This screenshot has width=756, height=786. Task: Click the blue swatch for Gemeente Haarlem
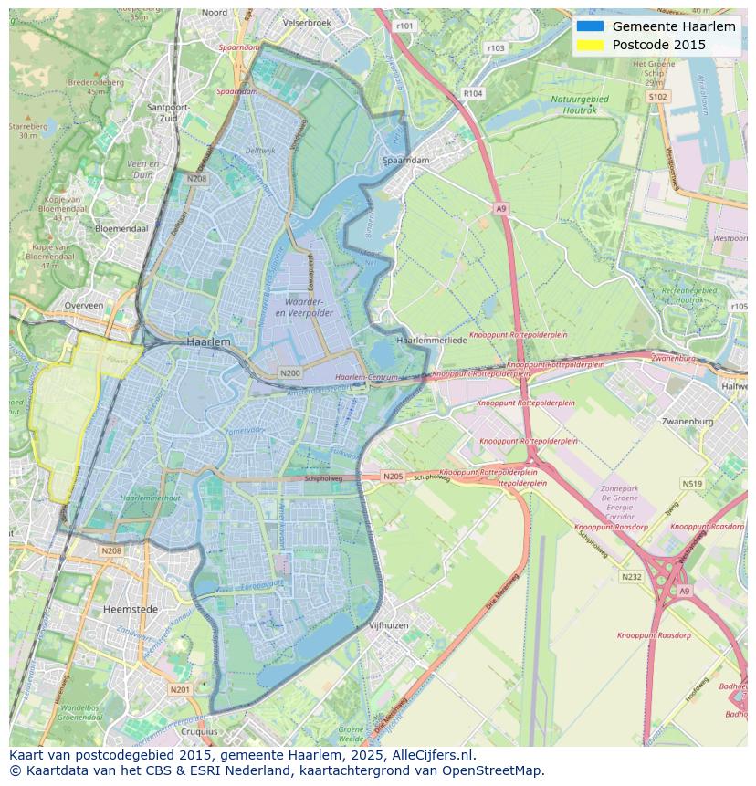[x=591, y=26]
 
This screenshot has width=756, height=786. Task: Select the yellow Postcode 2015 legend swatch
[x=591, y=45]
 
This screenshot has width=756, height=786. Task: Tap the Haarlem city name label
[x=207, y=341]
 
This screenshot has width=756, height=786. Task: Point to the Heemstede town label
[x=131, y=609]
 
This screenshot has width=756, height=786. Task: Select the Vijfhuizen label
[x=388, y=625]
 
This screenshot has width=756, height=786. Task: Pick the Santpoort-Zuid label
[x=167, y=112]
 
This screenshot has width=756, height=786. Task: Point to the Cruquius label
[x=200, y=731]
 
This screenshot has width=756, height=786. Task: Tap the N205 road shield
[x=393, y=477]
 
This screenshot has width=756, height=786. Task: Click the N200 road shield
[x=290, y=373]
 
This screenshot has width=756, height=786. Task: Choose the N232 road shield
[x=631, y=577]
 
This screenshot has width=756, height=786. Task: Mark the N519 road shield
[x=692, y=485]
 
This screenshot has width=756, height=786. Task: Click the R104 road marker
[x=472, y=93]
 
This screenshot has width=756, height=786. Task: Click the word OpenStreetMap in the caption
[x=492, y=770]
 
